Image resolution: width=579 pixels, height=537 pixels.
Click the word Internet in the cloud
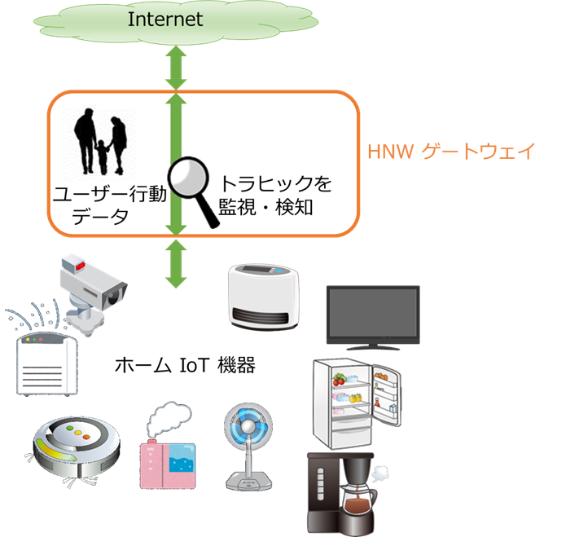coord(165,20)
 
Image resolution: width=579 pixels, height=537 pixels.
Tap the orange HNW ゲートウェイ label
coord(451,152)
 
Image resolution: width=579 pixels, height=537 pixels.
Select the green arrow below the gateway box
coord(176,262)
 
